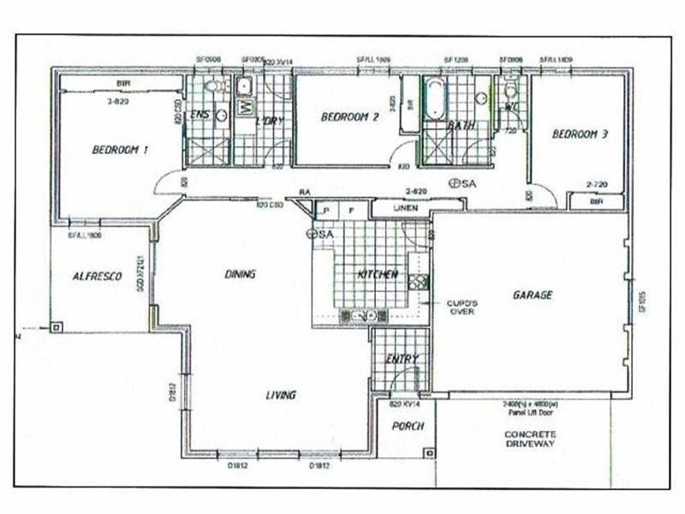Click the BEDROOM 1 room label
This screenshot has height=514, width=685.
120,149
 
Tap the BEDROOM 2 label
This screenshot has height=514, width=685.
349,117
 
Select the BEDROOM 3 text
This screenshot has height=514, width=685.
580,134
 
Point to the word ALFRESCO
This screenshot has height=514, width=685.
96,276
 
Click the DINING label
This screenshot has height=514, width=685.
241,274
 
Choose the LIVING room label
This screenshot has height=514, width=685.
280,395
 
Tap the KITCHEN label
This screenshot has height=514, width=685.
377,274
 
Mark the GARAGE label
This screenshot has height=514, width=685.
533,295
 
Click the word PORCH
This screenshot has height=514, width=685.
408,426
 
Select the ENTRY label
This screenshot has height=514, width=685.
402,359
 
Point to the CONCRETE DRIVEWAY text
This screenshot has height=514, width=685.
530,439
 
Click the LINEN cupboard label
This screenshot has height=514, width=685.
405,208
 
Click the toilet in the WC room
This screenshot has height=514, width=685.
511,89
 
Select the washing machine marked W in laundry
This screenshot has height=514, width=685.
243,106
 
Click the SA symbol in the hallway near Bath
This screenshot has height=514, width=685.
462,183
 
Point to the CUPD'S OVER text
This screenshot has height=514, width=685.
461,307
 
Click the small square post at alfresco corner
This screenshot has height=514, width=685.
56,326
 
